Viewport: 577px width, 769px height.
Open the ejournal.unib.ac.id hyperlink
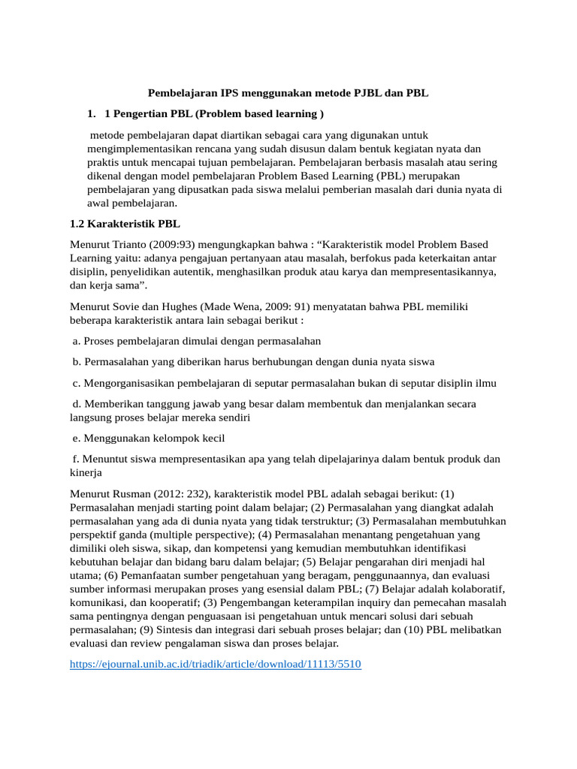(x=216, y=665)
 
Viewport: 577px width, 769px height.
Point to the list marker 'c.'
(x=77, y=383)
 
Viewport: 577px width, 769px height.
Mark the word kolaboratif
(x=476, y=589)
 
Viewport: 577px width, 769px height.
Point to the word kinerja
(x=86, y=472)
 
